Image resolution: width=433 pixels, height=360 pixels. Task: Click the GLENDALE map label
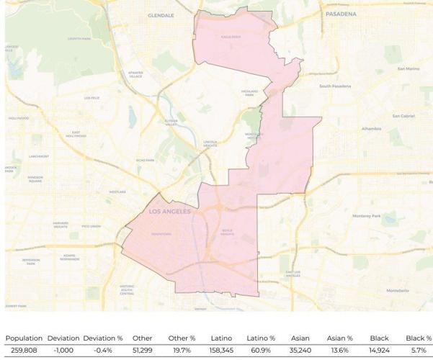click(161, 15)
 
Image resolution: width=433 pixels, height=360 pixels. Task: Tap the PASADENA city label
click(341, 14)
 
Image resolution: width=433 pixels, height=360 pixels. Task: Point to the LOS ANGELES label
click(170, 212)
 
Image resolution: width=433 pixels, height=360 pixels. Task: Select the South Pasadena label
click(335, 86)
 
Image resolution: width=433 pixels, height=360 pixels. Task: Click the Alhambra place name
click(372, 129)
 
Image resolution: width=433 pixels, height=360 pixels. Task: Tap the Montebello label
click(397, 290)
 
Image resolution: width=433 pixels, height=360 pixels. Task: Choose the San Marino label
click(407, 69)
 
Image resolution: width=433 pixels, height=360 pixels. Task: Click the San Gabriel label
click(403, 116)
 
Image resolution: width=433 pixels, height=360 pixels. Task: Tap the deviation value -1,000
click(63, 350)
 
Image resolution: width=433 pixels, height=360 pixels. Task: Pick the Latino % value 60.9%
click(261, 350)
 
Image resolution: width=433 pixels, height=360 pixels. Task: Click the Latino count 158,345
click(221, 350)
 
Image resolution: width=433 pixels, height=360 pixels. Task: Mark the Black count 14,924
click(379, 350)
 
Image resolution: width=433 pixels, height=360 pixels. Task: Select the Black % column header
click(419, 338)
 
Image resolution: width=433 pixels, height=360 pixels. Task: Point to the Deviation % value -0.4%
click(103, 350)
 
